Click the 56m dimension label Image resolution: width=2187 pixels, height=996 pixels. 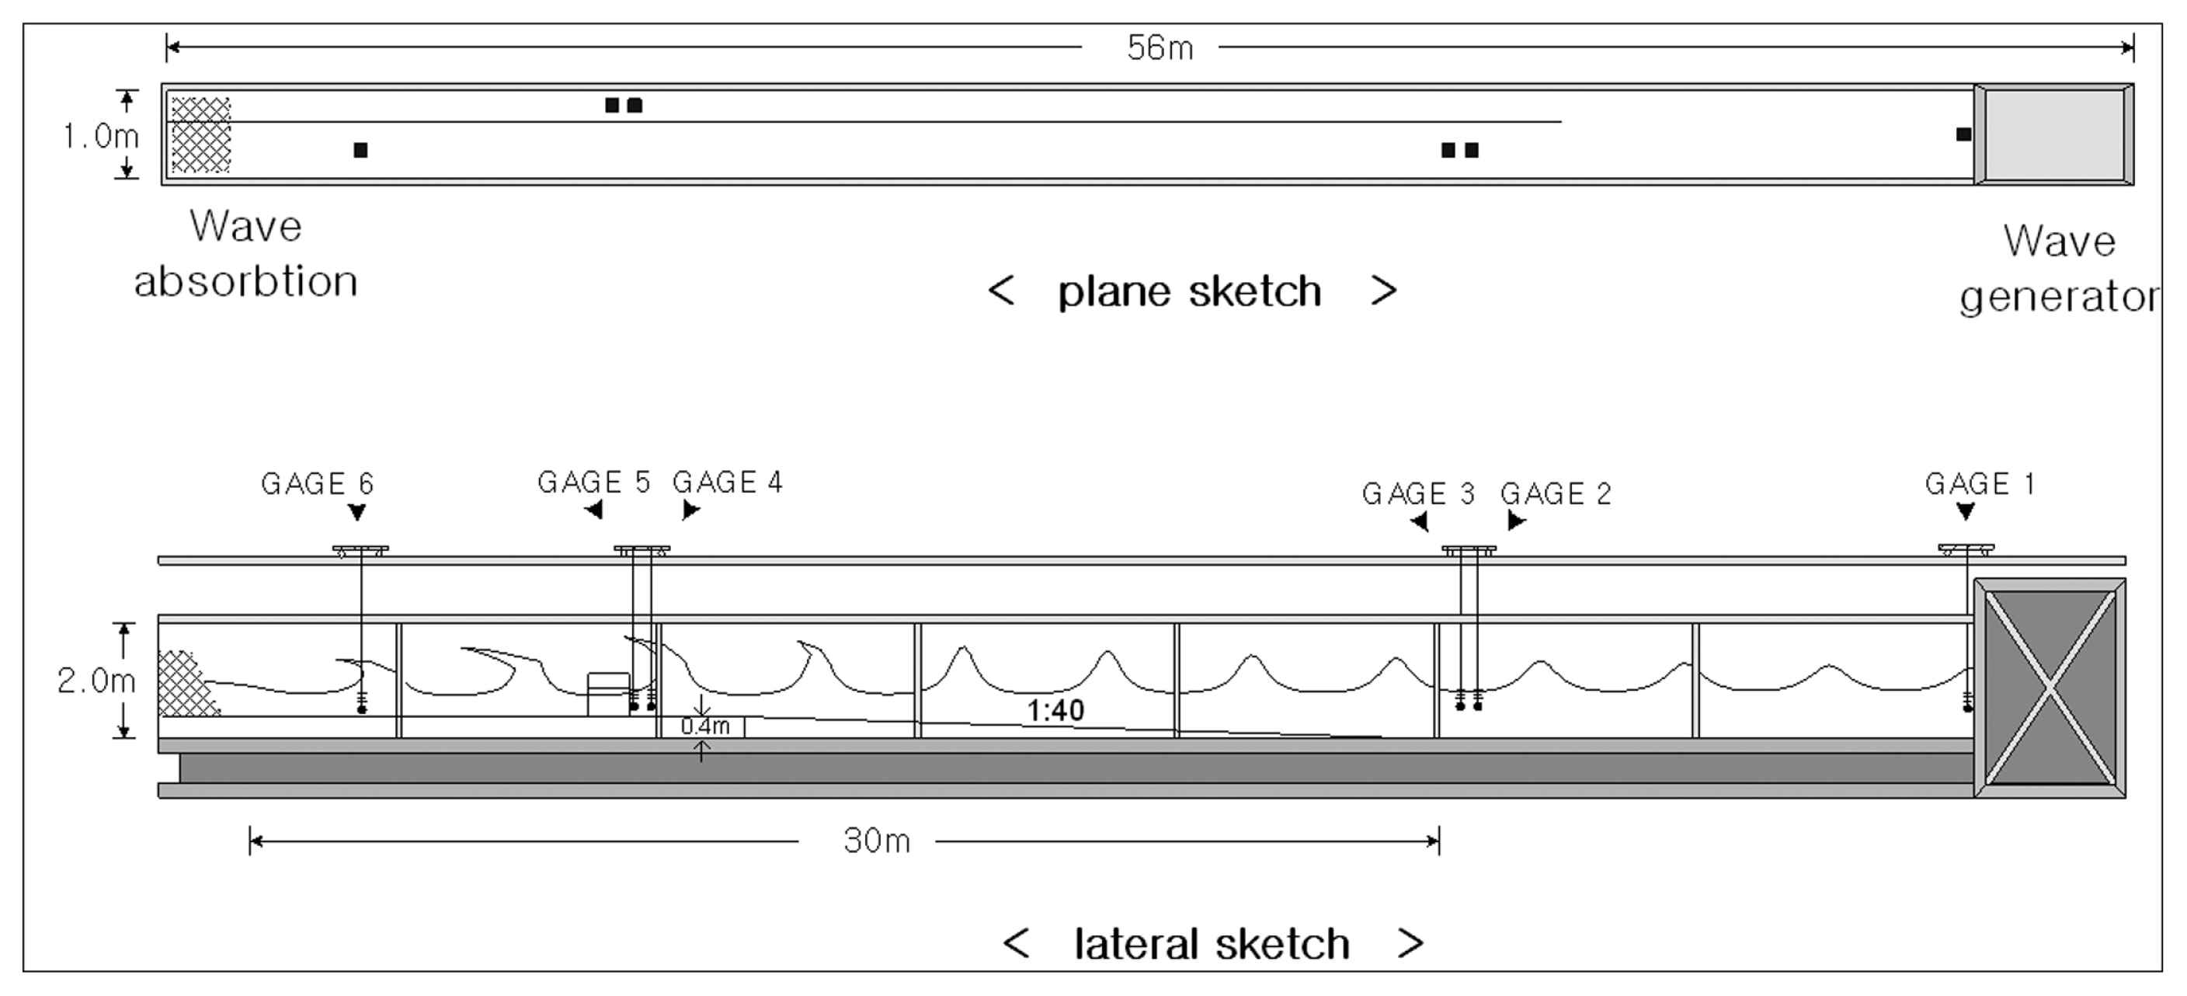pos(1160,48)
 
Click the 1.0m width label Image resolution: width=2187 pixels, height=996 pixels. pos(100,136)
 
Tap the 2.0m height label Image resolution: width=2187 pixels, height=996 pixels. pos(96,680)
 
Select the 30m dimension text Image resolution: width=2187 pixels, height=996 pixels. pos(876,841)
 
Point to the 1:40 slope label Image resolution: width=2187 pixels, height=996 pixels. pos(1055,710)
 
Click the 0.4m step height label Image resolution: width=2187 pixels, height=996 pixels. pos(704,726)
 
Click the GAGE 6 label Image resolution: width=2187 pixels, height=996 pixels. pos(317,483)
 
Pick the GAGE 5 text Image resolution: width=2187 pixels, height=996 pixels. pos(593,482)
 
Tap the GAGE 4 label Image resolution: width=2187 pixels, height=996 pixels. pos(727,482)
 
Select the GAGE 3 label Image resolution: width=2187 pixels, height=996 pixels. pos(1418,493)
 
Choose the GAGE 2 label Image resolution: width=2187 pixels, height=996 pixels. pos(1556,493)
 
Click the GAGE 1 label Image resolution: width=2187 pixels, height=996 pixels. pos(1980,483)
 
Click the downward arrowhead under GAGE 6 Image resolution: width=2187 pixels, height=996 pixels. pos(357,512)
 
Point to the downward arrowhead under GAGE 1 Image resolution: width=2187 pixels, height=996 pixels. pos(1966,511)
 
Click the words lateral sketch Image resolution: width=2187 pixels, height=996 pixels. pos(1212,943)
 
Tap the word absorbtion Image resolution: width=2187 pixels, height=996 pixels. pos(245,281)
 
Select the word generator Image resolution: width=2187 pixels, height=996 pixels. pos(2058,296)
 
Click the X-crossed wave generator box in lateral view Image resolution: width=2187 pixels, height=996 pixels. pos(2050,688)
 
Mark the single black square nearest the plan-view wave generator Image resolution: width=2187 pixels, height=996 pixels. pos(1963,134)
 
